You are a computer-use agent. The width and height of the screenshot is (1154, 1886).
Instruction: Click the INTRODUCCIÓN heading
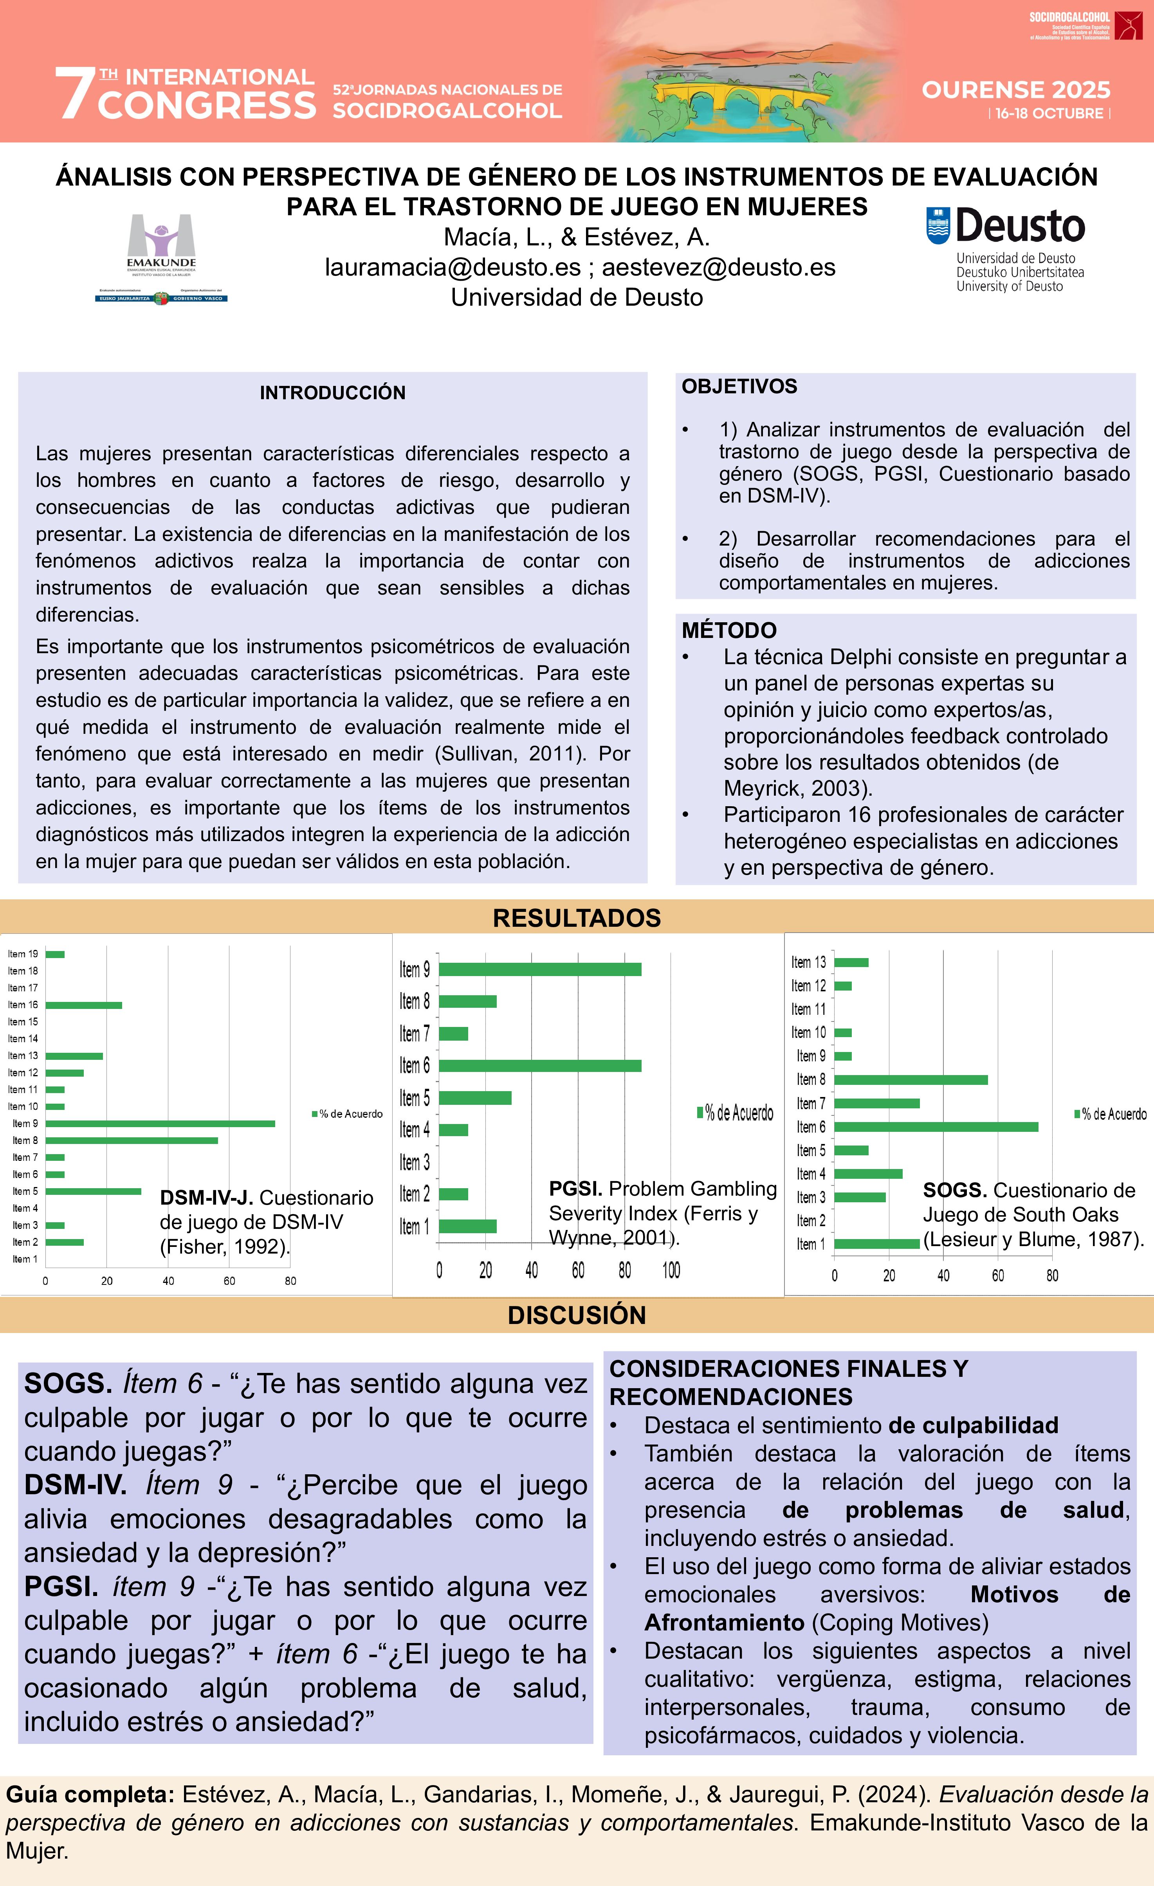click(332, 393)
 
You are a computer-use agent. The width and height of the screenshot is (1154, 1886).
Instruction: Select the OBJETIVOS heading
click(739, 387)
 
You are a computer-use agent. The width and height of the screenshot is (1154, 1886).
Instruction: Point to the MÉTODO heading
click(729, 630)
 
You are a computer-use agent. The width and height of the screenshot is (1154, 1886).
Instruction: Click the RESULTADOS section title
click(577, 918)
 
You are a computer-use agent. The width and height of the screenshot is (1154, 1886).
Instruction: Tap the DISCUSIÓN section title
click(577, 1315)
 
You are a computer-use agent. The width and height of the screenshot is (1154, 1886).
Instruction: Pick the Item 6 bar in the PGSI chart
click(540, 1065)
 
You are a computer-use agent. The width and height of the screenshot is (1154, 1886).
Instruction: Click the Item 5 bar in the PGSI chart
click(475, 1098)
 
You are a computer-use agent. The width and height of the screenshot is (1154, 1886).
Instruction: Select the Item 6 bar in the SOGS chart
click(936, 1127)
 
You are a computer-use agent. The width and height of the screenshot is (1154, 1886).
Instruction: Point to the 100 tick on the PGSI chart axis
click(671, 1271)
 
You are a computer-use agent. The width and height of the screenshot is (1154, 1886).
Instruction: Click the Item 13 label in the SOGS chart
click(809, 962)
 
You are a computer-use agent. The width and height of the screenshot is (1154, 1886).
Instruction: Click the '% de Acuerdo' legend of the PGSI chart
click(735, 1112)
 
